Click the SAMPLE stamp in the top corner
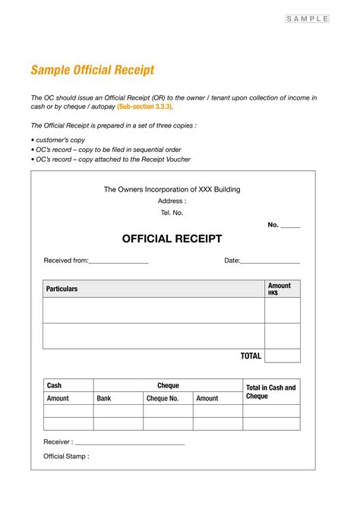click(308, 18)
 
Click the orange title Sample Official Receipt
click(92, 71)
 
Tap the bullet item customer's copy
click(60, 141)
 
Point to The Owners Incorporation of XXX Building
click(172, 189)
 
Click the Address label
click(172, 201)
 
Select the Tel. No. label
click(172, 213)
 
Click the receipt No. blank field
click(291, 226)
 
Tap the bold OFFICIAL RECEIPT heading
click(172, 239)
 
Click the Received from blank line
click(118, 262)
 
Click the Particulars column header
click(62, 289)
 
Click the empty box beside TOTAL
click(282, 356)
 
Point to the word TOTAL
click(251, 356)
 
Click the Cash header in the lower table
click(54, 386)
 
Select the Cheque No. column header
click(162, 398)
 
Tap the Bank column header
click(104, 398)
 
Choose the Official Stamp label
click(66, 457)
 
